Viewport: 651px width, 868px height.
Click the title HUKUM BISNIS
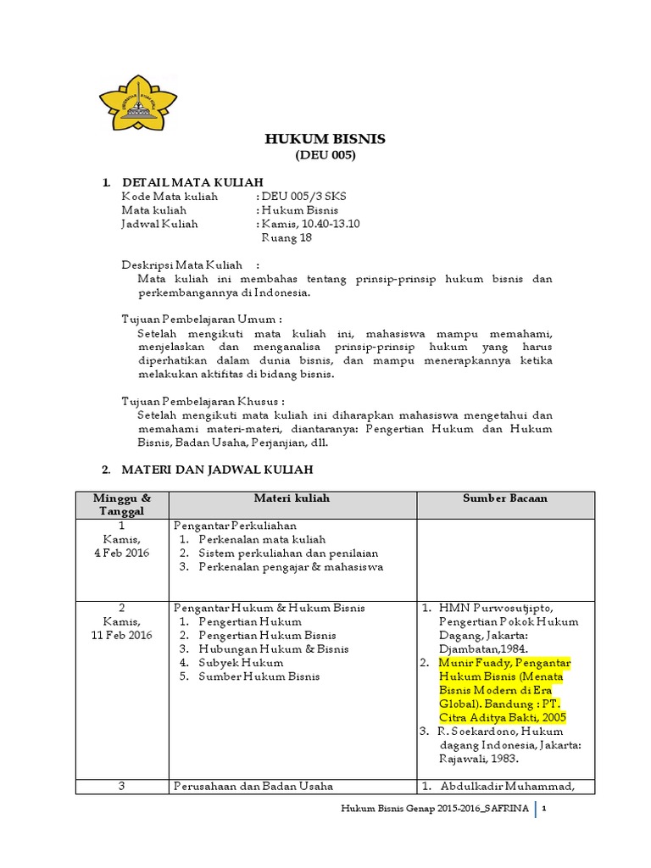click(325, 139)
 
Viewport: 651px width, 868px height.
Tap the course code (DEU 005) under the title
click(325, 156)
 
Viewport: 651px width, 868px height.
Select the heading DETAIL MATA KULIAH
click(192, 182)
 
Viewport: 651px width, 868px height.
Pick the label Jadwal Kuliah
click(159, 224)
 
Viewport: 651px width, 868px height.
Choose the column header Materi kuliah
click(292, 498)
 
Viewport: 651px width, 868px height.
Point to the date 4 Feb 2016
click(122, 553)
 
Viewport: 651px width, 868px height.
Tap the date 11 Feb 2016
click(122, 636)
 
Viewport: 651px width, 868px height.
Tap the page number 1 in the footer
click(554, 810)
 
